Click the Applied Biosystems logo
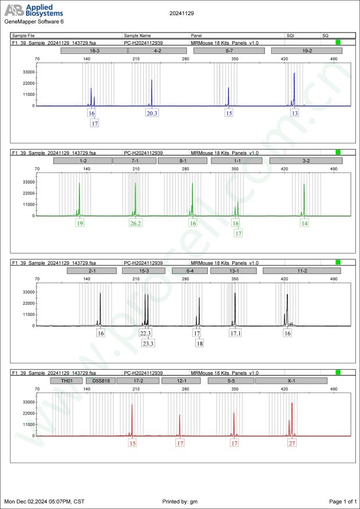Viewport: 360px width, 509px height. [x=34, y=10]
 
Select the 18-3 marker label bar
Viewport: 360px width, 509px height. [x=93, y=51]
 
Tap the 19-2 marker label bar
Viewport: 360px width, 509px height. [x=306, y=51]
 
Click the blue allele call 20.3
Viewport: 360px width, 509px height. [x=152, y=113]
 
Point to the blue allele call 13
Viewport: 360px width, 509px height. [x=295, y=113]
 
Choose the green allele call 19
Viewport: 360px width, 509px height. [x=80, y=223]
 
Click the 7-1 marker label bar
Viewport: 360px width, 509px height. [x=134, y=161]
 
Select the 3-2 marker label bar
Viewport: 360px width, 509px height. [x=305, y=161]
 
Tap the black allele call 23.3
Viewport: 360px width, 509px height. [x=148, y=343]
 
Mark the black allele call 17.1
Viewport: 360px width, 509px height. [x=236, y=333]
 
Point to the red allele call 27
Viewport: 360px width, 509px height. [x=292, y=443]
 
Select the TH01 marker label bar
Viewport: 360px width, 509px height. [x=64, y=381]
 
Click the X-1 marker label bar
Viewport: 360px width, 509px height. [x=291, y=381]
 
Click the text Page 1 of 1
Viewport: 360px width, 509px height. [x=342, y=501]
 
